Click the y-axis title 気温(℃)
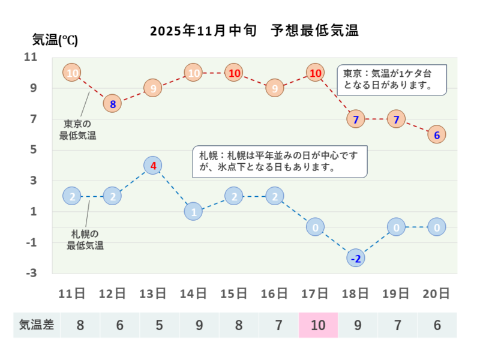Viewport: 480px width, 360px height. [55, 40]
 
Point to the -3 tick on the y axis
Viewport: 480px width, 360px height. [31, 273]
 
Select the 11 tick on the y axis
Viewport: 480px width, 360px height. [30, 58]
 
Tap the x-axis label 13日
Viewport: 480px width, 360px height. [152, 293]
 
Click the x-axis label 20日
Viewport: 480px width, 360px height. [437, 293]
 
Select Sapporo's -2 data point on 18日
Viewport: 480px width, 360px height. [355, 258]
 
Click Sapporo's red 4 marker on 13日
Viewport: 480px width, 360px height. [153, 166]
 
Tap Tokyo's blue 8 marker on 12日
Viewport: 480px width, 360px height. [112, 104]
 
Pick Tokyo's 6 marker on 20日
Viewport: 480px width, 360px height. [437, 135]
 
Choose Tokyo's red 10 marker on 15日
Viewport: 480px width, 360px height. [234, 73]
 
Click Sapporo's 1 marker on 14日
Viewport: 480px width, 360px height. [193, 212]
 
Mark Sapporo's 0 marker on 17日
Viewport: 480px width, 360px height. [315, 227]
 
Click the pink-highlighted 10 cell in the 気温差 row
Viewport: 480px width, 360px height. [318, 325]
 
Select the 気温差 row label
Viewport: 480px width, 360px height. [37, 325]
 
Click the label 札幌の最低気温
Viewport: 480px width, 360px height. [85, 239]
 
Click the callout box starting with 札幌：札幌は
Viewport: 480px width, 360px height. [280, 161]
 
